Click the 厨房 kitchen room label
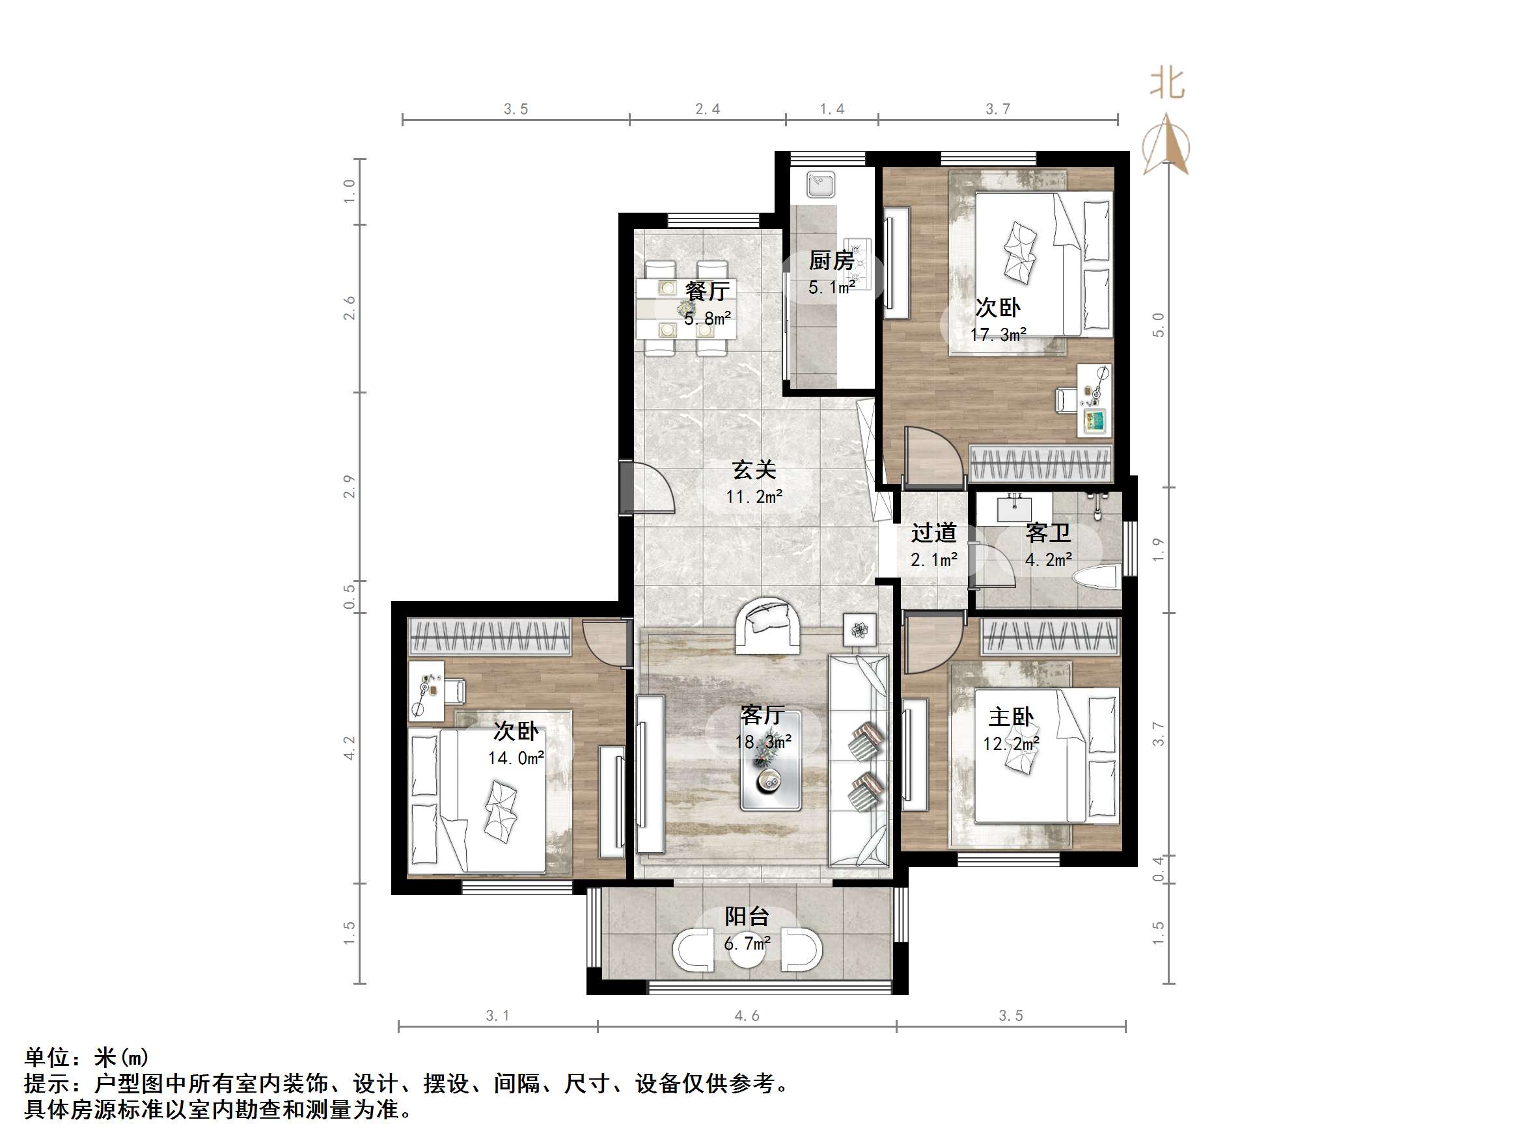click(832, 260)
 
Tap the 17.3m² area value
click(997, 335)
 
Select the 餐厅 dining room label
click(706, 291)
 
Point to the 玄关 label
click(754, 470)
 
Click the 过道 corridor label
click(933, 533)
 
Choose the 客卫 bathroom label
click(1048, 533)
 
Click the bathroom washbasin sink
click(1015, 509)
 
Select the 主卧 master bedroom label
click(1011, 717)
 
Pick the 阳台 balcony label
click(747, 916)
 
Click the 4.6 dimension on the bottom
click(747, 1015)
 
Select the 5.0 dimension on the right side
click(1159, 325)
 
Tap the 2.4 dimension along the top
click(707, 109)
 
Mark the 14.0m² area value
click(516, 758)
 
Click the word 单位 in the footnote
click(46, 1057)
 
